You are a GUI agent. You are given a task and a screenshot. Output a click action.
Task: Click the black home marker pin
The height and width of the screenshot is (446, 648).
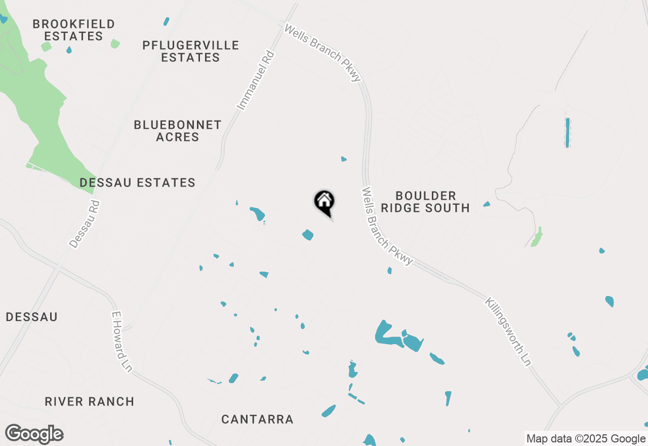point(324,202)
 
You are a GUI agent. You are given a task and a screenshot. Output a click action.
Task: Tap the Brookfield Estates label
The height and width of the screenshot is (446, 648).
point(73,30)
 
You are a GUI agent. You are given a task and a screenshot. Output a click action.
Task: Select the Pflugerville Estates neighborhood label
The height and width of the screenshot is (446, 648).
point(191,51)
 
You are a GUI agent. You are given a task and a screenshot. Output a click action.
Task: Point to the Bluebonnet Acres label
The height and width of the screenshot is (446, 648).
point(178,131)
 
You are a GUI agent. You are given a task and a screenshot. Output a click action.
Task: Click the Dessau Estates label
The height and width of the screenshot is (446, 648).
point(138,182)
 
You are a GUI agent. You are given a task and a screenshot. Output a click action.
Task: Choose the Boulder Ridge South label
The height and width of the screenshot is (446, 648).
point(425,202)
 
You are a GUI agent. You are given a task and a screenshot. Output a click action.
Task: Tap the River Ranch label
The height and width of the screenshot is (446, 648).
point(90,401)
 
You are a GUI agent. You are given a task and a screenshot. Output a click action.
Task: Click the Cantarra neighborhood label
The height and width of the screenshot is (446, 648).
point(257,419)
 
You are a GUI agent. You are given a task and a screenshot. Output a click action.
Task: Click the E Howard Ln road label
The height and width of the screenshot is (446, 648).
point(121,342)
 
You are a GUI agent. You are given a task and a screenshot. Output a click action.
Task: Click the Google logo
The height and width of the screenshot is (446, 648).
point(34,434)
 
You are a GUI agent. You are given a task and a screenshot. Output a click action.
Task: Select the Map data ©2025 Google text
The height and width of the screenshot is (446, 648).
point(585,439)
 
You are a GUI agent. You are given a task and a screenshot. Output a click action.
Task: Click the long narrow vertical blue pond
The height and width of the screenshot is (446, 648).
point(568,133)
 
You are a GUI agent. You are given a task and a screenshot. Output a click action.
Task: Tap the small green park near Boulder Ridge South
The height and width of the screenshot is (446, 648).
point(537,237)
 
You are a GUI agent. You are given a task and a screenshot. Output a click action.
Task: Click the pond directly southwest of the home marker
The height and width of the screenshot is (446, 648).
point(308,235)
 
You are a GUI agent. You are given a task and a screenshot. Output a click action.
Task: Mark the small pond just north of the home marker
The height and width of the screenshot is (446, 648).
point(344,159)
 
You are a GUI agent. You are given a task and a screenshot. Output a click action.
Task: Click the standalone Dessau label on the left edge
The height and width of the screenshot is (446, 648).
point(32,317)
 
